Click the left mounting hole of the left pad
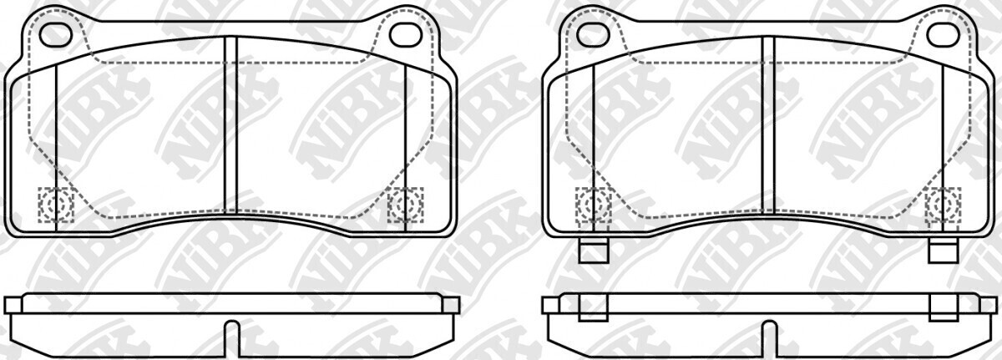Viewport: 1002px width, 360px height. tap(57, 33)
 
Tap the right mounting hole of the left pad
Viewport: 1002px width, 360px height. tap(407, 33)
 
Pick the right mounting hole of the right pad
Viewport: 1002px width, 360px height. tap(944, 33)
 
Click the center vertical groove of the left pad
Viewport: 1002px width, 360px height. tap(231, 125)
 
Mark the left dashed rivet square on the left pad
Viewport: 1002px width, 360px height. tap(56, 205)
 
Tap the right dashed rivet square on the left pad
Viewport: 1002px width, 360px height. tap(406, 205)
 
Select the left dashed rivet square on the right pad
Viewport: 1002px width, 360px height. tap(594, 205)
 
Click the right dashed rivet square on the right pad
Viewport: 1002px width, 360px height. tap(944, 205)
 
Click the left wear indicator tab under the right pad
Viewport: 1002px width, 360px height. tap(594, 250)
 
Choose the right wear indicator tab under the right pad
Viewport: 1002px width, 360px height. tap(944, 250)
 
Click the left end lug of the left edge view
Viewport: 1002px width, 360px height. tap(13, 305)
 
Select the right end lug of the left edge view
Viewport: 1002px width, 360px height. tap(450, 305)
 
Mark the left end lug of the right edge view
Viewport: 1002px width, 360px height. tap(550, 305)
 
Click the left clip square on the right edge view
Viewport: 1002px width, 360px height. tap(594, 310)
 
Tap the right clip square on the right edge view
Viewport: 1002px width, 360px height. tap(944, 310)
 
